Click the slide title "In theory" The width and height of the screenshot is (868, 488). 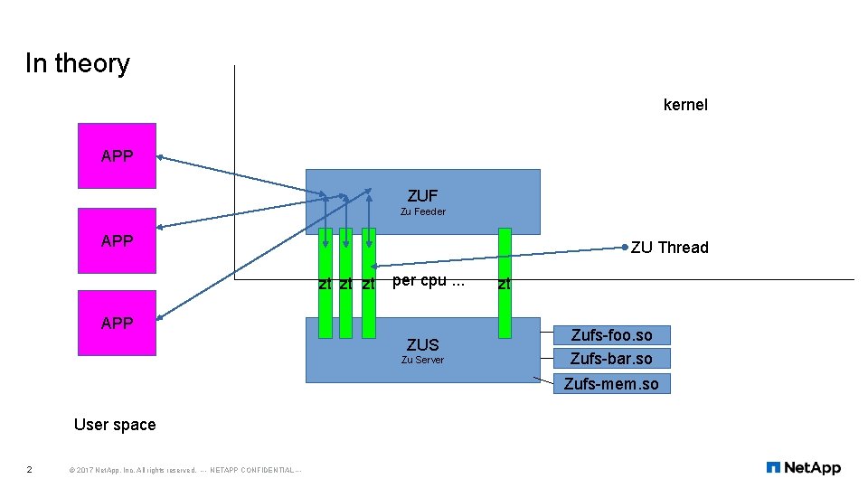78,63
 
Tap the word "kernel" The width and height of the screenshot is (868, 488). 685,105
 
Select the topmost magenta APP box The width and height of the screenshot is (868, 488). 117,155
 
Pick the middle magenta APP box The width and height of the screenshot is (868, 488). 117,240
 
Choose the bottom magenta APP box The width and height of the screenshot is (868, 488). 117,323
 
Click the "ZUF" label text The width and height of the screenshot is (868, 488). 422,195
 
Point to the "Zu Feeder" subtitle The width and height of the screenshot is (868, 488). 422,211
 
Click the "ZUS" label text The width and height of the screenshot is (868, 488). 422,344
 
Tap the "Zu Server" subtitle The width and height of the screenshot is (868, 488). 422,360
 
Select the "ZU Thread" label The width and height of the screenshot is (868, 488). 669,248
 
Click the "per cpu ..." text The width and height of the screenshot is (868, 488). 429,280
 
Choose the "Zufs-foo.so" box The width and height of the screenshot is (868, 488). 611,335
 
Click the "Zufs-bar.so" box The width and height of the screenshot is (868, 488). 611,359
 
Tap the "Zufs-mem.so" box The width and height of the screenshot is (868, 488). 611,383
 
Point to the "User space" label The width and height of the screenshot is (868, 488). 115,425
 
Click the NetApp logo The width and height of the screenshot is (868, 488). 803,467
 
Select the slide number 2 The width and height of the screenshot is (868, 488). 30,469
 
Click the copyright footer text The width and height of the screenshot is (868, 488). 184,470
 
